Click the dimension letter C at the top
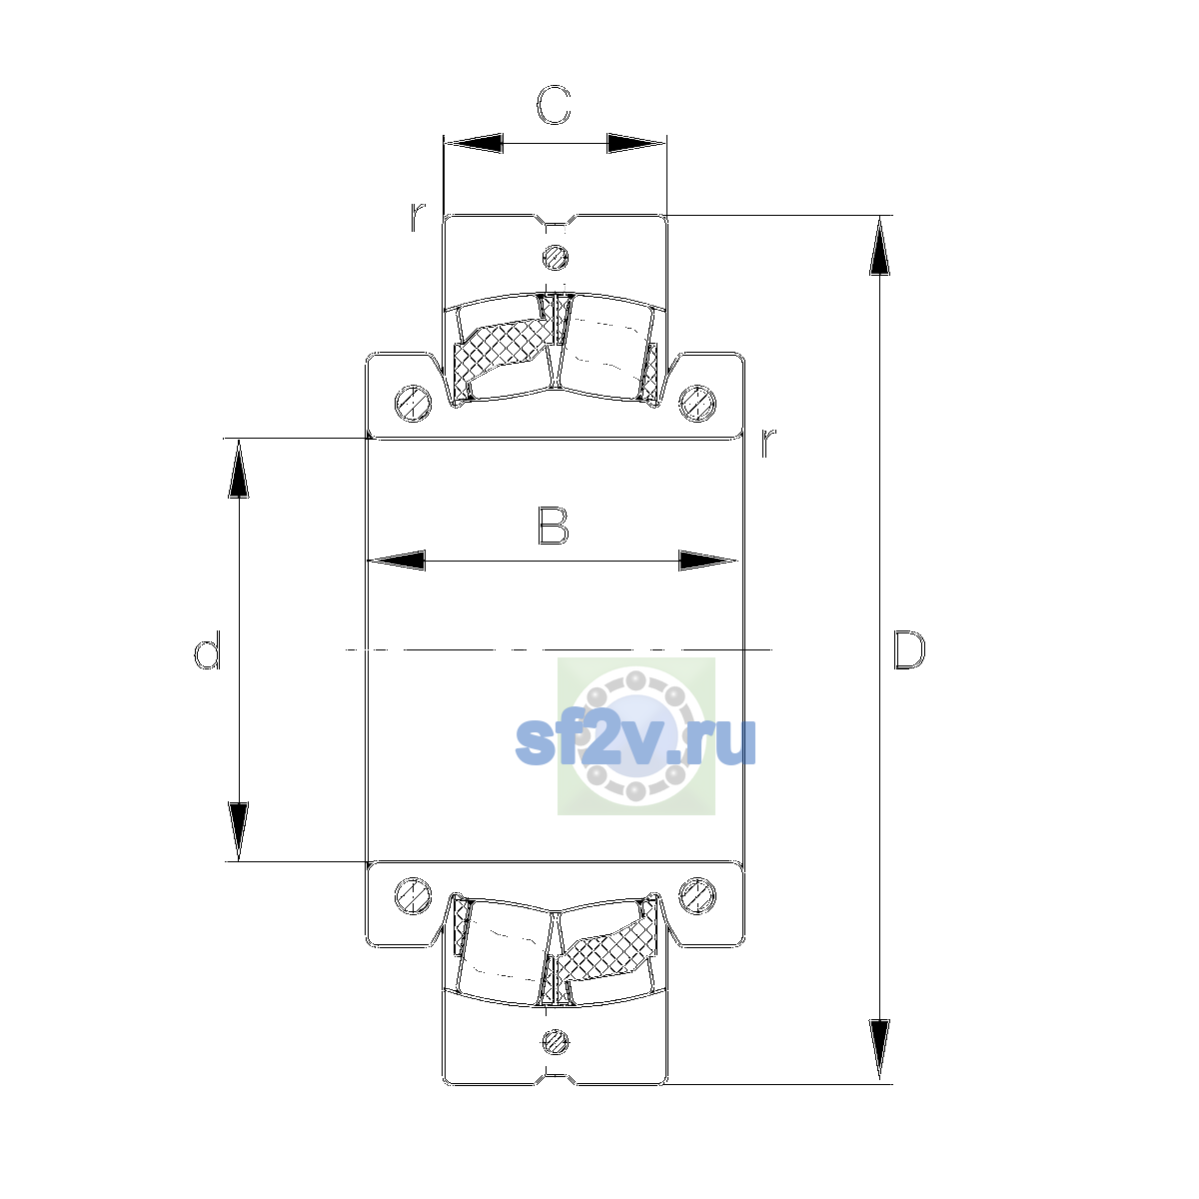click(x=554, y=105)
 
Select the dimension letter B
click(x=554, y=526)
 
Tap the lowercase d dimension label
click(x=207, y=649)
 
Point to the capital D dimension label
click(x=909, y=650)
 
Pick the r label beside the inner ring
click(x=768, y=443)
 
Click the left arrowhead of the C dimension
click(x=474, y=143)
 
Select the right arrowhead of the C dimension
click(x=635, y=143)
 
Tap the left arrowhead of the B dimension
click(x=397, y=561)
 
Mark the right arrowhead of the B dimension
click(x=707, y=561)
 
